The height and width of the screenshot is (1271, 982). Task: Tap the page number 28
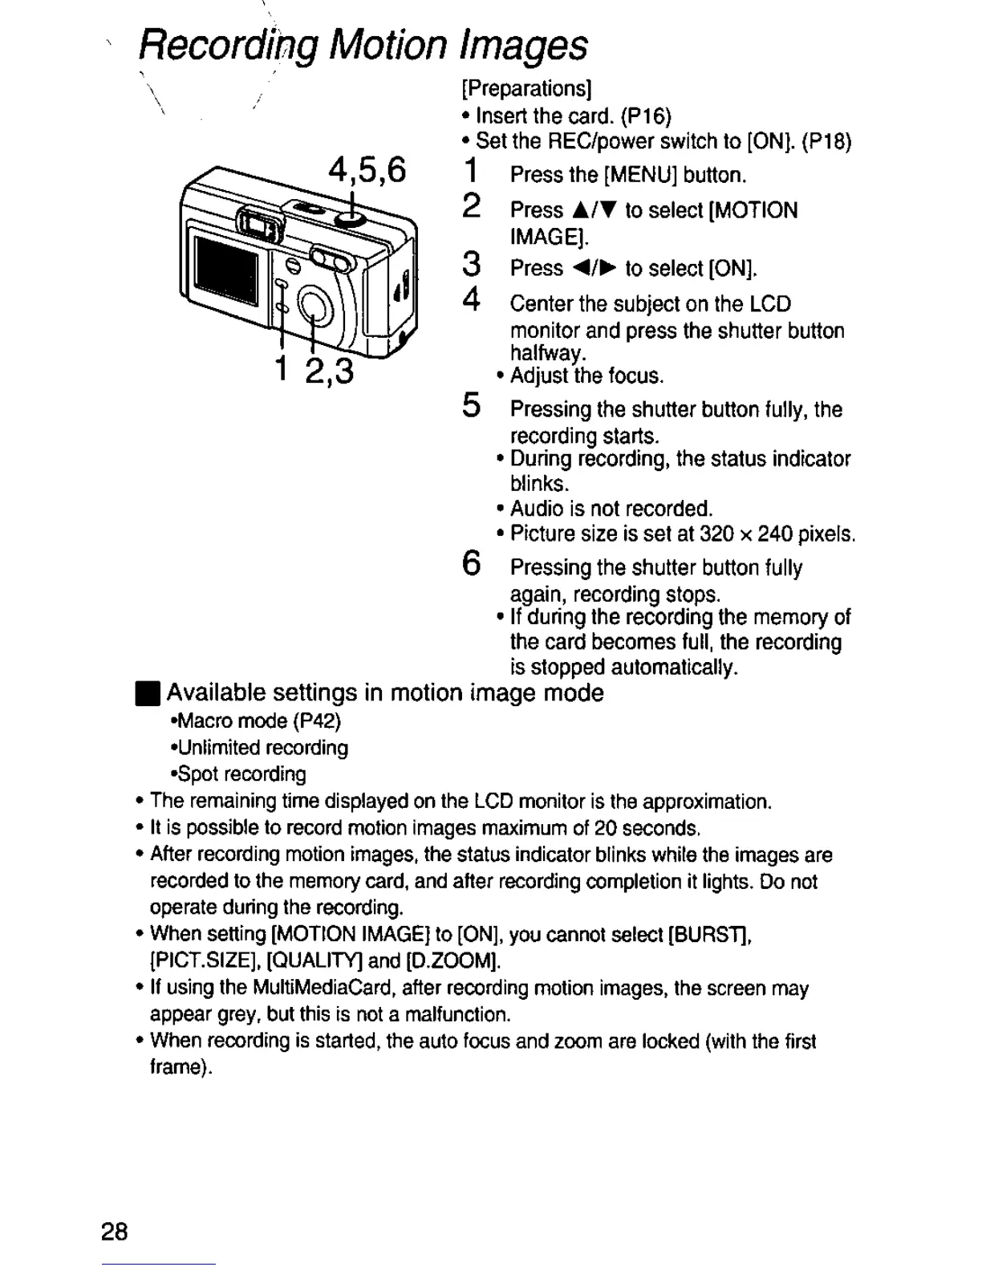coord(115,1232)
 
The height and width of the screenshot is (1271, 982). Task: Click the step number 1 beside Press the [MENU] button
coord(473,171)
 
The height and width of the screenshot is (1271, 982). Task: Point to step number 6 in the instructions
coord(473,563)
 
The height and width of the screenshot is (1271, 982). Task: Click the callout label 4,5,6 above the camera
coord(367,171)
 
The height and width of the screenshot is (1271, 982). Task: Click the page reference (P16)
coord(646,116)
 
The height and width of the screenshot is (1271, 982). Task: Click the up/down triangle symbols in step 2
coord(594,211)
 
